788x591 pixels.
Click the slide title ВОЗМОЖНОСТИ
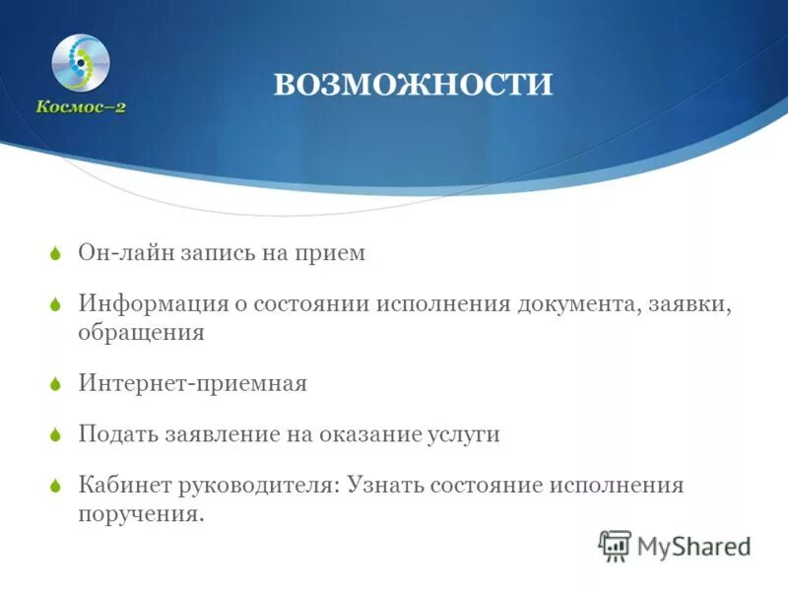[x=413, y=84]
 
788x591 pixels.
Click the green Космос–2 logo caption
[x=82, y=107]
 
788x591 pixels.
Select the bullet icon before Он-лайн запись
[x=56, y=254]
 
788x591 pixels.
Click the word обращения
[x=141, y=333]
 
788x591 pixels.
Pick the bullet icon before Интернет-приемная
[x=56, y=385]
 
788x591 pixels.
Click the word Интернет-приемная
[x=193, y=384]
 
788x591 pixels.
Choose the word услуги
[x=464, y=434]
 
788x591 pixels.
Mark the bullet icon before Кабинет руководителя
[x=56, y=487]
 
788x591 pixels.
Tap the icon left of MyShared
[x=615, y=545]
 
